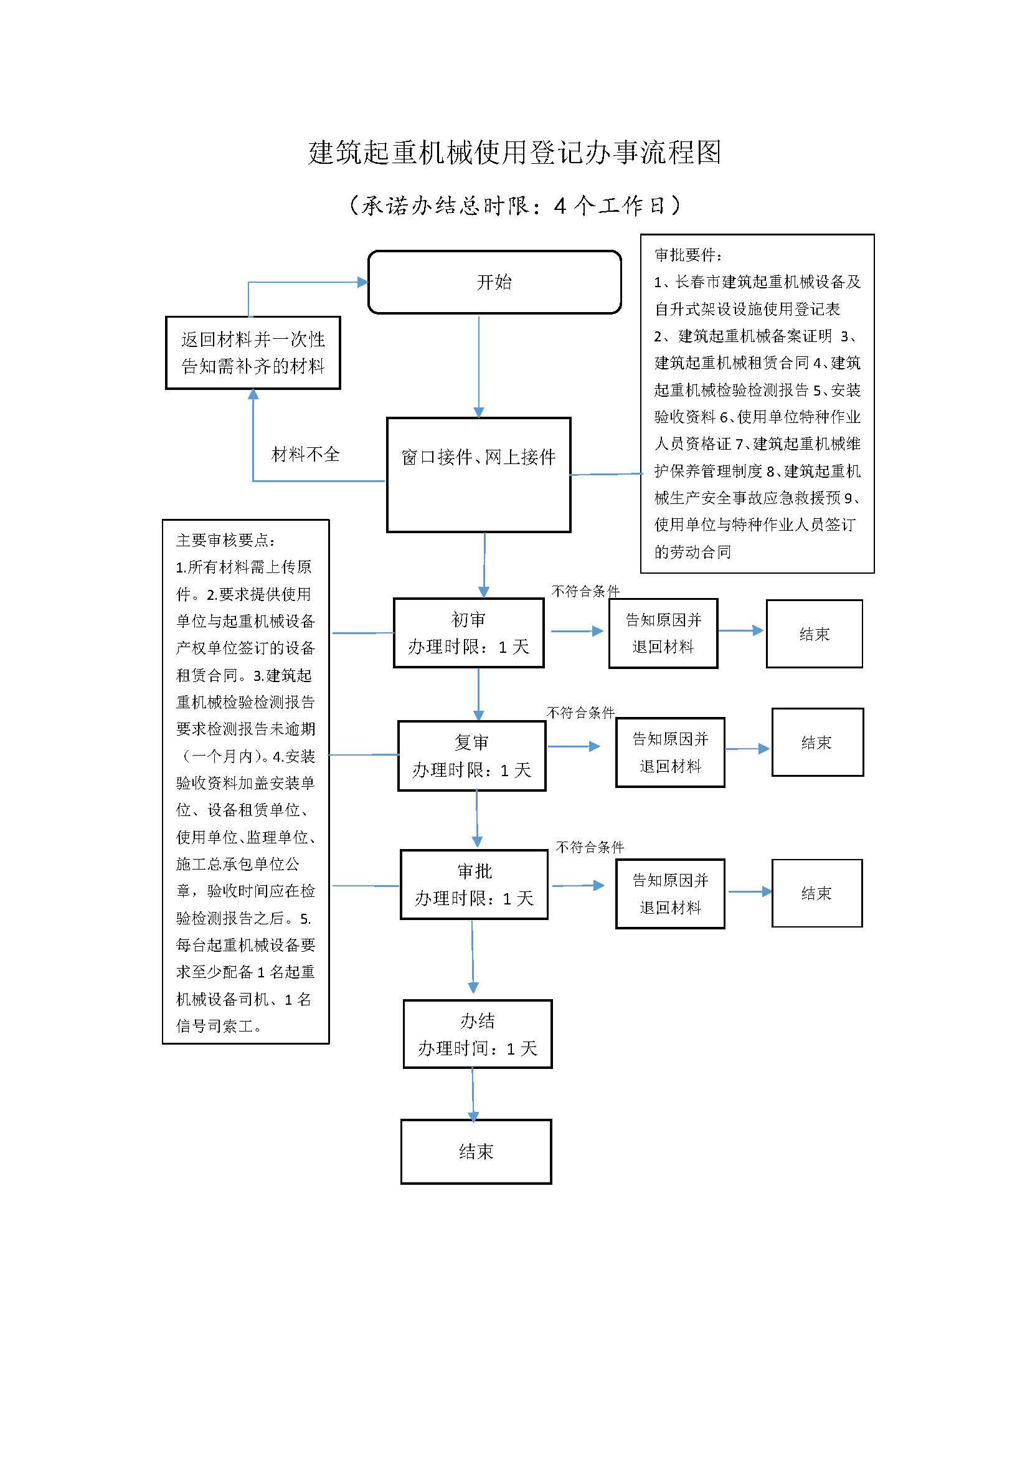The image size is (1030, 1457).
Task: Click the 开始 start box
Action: tap(494, 282)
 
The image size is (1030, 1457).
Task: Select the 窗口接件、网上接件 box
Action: tap(478, 474)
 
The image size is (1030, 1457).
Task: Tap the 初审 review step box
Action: tap(468, 633)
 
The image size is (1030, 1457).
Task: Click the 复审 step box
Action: tap(471, 755)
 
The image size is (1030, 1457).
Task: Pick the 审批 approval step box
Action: tap(474, 885)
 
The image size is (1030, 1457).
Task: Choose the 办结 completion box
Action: tap(477, 1034)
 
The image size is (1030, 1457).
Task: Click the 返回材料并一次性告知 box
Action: tap(252, 353)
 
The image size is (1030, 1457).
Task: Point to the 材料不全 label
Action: tap(305, 454)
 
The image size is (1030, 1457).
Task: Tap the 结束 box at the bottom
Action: tap(476, 1151)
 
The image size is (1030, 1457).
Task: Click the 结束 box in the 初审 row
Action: tap(814, 634)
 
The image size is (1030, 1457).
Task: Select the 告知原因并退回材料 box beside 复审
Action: tap(670, 752)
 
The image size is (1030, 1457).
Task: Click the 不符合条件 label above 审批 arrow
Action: tap(590, 847)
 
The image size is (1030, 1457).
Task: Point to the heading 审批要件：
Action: tap(688, 255)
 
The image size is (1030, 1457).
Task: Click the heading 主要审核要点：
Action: tap(226, 540)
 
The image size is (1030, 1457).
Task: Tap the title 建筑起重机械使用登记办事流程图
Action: tap(514, 152)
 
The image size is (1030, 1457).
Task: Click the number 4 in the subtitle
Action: tap(559, 206)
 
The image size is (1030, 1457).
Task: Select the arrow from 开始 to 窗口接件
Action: tap(479, 366)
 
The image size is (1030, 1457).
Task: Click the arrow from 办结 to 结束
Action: tap(473, 1093)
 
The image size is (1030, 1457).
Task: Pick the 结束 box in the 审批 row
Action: tap(816, 893)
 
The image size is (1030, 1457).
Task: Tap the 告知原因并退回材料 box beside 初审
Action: tap(663, 634)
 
